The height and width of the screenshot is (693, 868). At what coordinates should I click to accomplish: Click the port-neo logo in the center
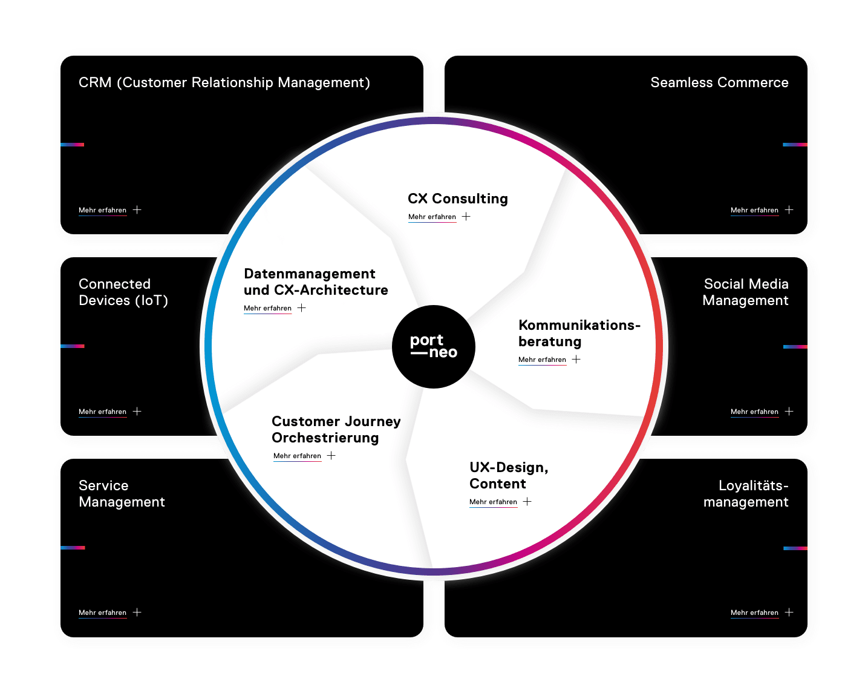(x=434, y=347)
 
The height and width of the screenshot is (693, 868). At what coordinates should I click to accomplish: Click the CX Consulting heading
(x=457, y=199)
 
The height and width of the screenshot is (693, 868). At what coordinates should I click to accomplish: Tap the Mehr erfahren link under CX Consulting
(x=432, y=217)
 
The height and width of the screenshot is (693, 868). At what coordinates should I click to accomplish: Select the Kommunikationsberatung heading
(x=579, y=333)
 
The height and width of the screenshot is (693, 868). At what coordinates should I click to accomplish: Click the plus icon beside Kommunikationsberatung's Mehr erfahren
(x=576, y=360)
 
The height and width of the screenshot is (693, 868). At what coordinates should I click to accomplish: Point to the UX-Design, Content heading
(x=508, y=475)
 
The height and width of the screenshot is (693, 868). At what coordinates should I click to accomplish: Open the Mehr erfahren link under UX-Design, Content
(x=493, y=502)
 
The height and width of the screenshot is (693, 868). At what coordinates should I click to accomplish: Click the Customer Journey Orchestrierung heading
(x=336, y=429)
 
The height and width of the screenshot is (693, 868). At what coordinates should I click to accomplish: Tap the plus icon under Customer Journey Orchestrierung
(x=331, y=456)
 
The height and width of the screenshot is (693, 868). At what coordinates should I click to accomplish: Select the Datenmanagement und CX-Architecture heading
(x=315, y=281)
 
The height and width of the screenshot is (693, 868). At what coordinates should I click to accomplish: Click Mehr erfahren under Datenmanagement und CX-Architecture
(x=267, y=308)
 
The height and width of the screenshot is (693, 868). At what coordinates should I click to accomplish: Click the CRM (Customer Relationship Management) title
(x=224, y=82)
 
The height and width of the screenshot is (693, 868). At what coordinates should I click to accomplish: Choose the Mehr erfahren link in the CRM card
(x=102, y=210)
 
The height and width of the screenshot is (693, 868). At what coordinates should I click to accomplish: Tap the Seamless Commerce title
(x=719, y=82)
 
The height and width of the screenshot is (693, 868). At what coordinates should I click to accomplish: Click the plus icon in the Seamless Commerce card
(x=789, y=210)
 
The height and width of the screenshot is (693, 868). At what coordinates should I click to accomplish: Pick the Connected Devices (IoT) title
(x=123, y=292)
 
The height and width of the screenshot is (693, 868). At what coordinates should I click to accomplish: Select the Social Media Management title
(x=745, y=292)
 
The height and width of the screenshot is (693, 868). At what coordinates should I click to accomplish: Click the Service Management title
(x=122, y=493)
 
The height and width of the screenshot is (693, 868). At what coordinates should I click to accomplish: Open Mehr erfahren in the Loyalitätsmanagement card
(x=754, y=613)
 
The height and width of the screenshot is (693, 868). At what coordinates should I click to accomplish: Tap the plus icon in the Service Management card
(x=137, y=613)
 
